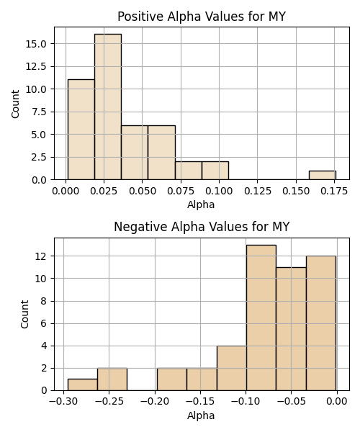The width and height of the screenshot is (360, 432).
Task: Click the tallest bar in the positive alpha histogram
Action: pyautogui.click(x=108, y=107)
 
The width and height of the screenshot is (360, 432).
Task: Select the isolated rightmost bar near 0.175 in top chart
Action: pyautogui.click(x=323, y=175)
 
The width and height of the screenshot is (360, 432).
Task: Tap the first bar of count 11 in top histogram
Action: pyautogui.click(x=81, y=130)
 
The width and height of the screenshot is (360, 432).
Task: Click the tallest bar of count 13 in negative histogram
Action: pyautogui.click(x=261, y=318)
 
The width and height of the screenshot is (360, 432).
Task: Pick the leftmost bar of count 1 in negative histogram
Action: pyautogui.click(x=83, y=384)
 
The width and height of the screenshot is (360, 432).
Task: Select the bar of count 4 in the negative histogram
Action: pyautogui.click(x=232, y=368)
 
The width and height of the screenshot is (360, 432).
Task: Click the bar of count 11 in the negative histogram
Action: pyautogui.click(x=291, y=329)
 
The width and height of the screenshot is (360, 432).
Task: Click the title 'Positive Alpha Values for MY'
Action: pyautogui.click(x=202, y=17)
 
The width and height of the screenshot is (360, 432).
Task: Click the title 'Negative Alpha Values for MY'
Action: pyautogui.click(x=202, y=227)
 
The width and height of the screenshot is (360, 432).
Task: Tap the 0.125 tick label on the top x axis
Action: pyautogui.click(x=258, y=191)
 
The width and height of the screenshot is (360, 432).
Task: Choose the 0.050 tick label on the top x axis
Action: pyautogui.click(x=143, y=191)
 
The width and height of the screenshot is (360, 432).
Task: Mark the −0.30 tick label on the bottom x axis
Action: pyautogui.click(x=63, y=402)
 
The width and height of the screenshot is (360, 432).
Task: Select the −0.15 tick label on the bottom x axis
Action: pyautogui.click(x=200, y=402)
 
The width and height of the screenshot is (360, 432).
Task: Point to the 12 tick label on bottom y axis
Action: pyautogui.click(x=41, y=256)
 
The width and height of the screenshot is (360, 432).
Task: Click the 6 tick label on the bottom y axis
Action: pyautogui.click(x=43, y=323)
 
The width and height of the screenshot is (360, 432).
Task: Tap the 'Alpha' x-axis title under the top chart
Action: pyautogui.click(x=201, y=204)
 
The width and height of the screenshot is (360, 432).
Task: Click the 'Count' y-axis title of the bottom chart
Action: pyautogui.click(x=24, y=314)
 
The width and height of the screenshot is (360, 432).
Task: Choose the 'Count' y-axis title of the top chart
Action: pyautogui.click(x=15, y=104)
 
